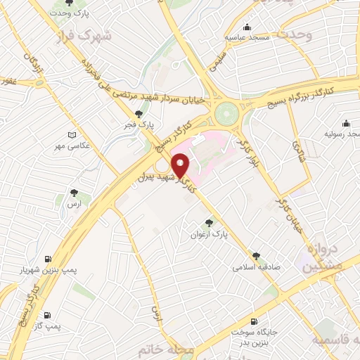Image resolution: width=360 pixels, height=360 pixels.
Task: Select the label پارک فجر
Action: (x=141, y=124)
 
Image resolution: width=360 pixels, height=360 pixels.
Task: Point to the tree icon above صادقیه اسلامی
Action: (x=256, y=255)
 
